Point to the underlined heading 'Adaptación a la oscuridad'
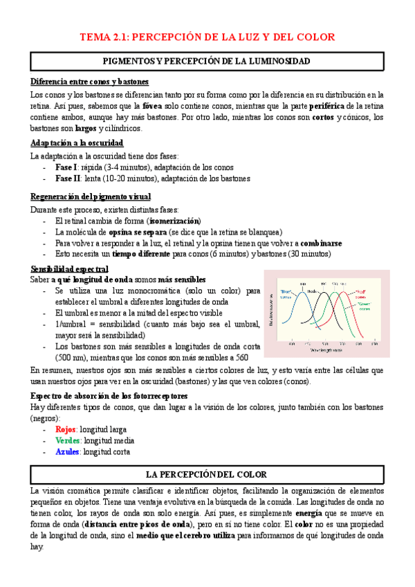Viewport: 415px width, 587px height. pos(77,143)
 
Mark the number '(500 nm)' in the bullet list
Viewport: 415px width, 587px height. pos(71,358)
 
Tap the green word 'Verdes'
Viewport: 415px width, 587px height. pos(68,440)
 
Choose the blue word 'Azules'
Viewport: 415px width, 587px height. pos(68,452)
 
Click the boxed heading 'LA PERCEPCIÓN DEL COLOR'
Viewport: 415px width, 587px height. pos(211,475)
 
